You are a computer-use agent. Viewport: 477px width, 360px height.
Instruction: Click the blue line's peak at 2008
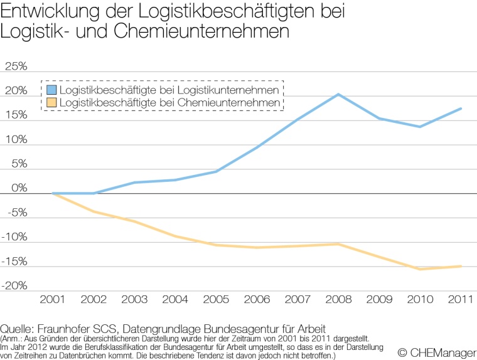pos(338,95)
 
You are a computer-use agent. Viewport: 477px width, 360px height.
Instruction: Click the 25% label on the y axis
pos(16,67)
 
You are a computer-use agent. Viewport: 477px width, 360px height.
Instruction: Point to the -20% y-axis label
pos(14,286)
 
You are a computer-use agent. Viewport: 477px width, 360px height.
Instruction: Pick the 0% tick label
pos(19,188)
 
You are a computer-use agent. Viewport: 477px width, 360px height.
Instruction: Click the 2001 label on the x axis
pos(53,299)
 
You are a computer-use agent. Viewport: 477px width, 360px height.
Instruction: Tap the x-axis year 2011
pos(459,299)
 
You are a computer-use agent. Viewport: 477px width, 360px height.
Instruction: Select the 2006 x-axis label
pos(256,299)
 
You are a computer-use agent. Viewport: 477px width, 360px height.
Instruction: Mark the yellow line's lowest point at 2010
pos(420,269)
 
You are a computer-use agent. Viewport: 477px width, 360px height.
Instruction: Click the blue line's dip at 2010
pos(420,127)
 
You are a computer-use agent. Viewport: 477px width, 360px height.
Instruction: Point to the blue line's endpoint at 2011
pos(461,109)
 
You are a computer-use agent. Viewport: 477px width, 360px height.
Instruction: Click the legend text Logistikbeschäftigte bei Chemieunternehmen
pos(169,102)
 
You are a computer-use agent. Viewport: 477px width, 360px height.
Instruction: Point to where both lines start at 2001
pos(53,193)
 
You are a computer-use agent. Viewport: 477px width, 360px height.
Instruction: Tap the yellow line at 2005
pos(216,245)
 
